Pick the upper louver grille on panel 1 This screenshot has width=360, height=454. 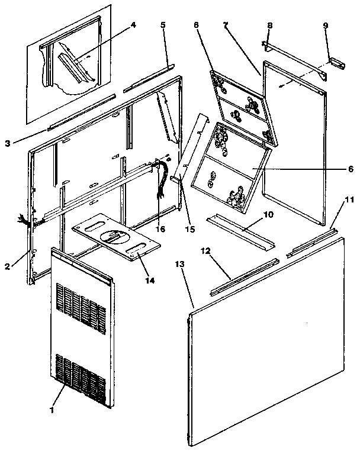pos(77,302)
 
